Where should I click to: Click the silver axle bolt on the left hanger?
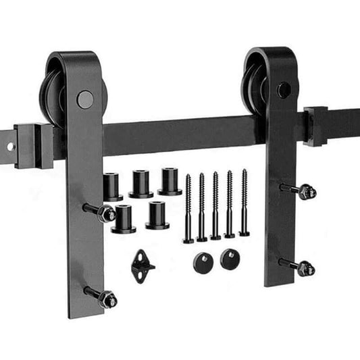click(84, 100)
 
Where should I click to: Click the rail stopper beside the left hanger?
click(32, 145)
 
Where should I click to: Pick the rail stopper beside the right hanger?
click(315, 126)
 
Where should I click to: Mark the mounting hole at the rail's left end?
click(10, 145)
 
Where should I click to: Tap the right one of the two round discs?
click(230, 259)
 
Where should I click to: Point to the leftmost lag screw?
click(188, 209)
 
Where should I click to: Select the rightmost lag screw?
click(244, 203)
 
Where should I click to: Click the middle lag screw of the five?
click(215, 206)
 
